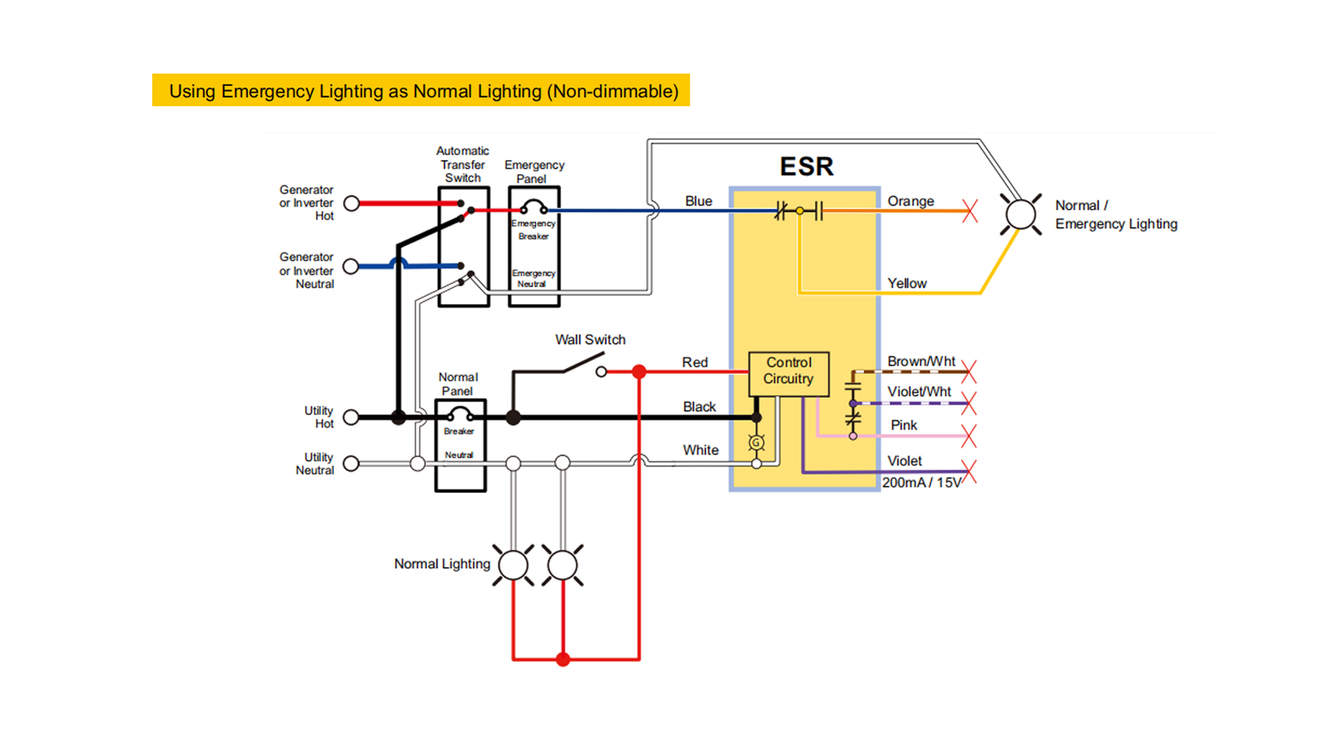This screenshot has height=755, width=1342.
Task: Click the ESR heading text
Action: point(807,166)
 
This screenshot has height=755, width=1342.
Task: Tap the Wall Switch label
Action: point(590,340)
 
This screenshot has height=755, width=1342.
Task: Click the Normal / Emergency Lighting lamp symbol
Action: point(1020,214)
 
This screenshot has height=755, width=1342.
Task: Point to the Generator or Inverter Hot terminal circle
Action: point(352,203)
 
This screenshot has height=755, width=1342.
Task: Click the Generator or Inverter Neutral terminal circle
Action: point(351,266)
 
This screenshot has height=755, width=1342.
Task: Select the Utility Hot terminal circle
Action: point(351,417)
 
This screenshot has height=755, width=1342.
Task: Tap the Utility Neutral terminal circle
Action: point(351,463)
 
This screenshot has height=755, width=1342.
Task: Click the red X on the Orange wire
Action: point(969,210)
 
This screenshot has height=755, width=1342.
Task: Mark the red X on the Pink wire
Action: point(969,436)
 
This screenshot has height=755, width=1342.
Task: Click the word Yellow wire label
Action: point(907,283)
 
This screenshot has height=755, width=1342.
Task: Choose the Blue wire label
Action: point(698,201)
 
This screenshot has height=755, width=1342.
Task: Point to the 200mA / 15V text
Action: point(921,482)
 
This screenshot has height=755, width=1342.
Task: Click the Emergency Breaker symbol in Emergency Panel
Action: point(534,208)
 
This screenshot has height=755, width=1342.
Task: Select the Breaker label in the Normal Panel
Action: point(459,431)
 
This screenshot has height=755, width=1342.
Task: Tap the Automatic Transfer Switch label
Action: point(463,164)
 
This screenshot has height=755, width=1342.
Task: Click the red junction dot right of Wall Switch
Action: point(639,372)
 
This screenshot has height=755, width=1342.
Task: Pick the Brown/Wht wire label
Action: point(921,361)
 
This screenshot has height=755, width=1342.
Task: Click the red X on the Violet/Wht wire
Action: point(969,403)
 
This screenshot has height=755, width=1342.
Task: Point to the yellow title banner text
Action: point(424,91)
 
